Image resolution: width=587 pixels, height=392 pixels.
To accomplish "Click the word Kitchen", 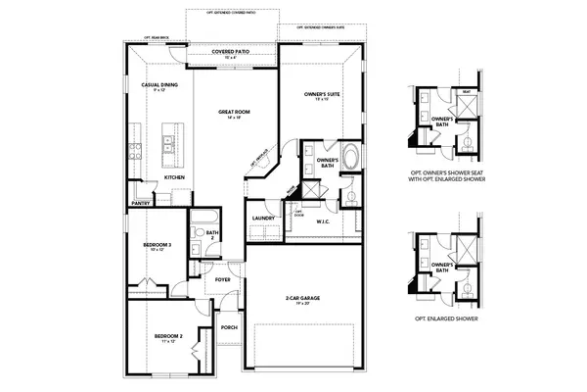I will point(175,177).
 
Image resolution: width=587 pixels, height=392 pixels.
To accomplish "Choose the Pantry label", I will point(140,204).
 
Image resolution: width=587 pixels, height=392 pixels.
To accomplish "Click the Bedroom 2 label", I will point(168,338).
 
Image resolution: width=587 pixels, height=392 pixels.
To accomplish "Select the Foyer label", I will point(223,279).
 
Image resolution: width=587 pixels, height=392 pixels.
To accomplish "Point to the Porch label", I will point(230,327).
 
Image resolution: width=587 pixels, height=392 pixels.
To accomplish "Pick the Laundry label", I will point(262,218).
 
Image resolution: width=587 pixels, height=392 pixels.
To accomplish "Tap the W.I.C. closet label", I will point(325,221).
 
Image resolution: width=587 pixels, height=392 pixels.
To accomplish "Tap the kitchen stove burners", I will point(133,151).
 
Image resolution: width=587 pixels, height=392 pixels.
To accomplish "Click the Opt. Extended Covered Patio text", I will point(230,13).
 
